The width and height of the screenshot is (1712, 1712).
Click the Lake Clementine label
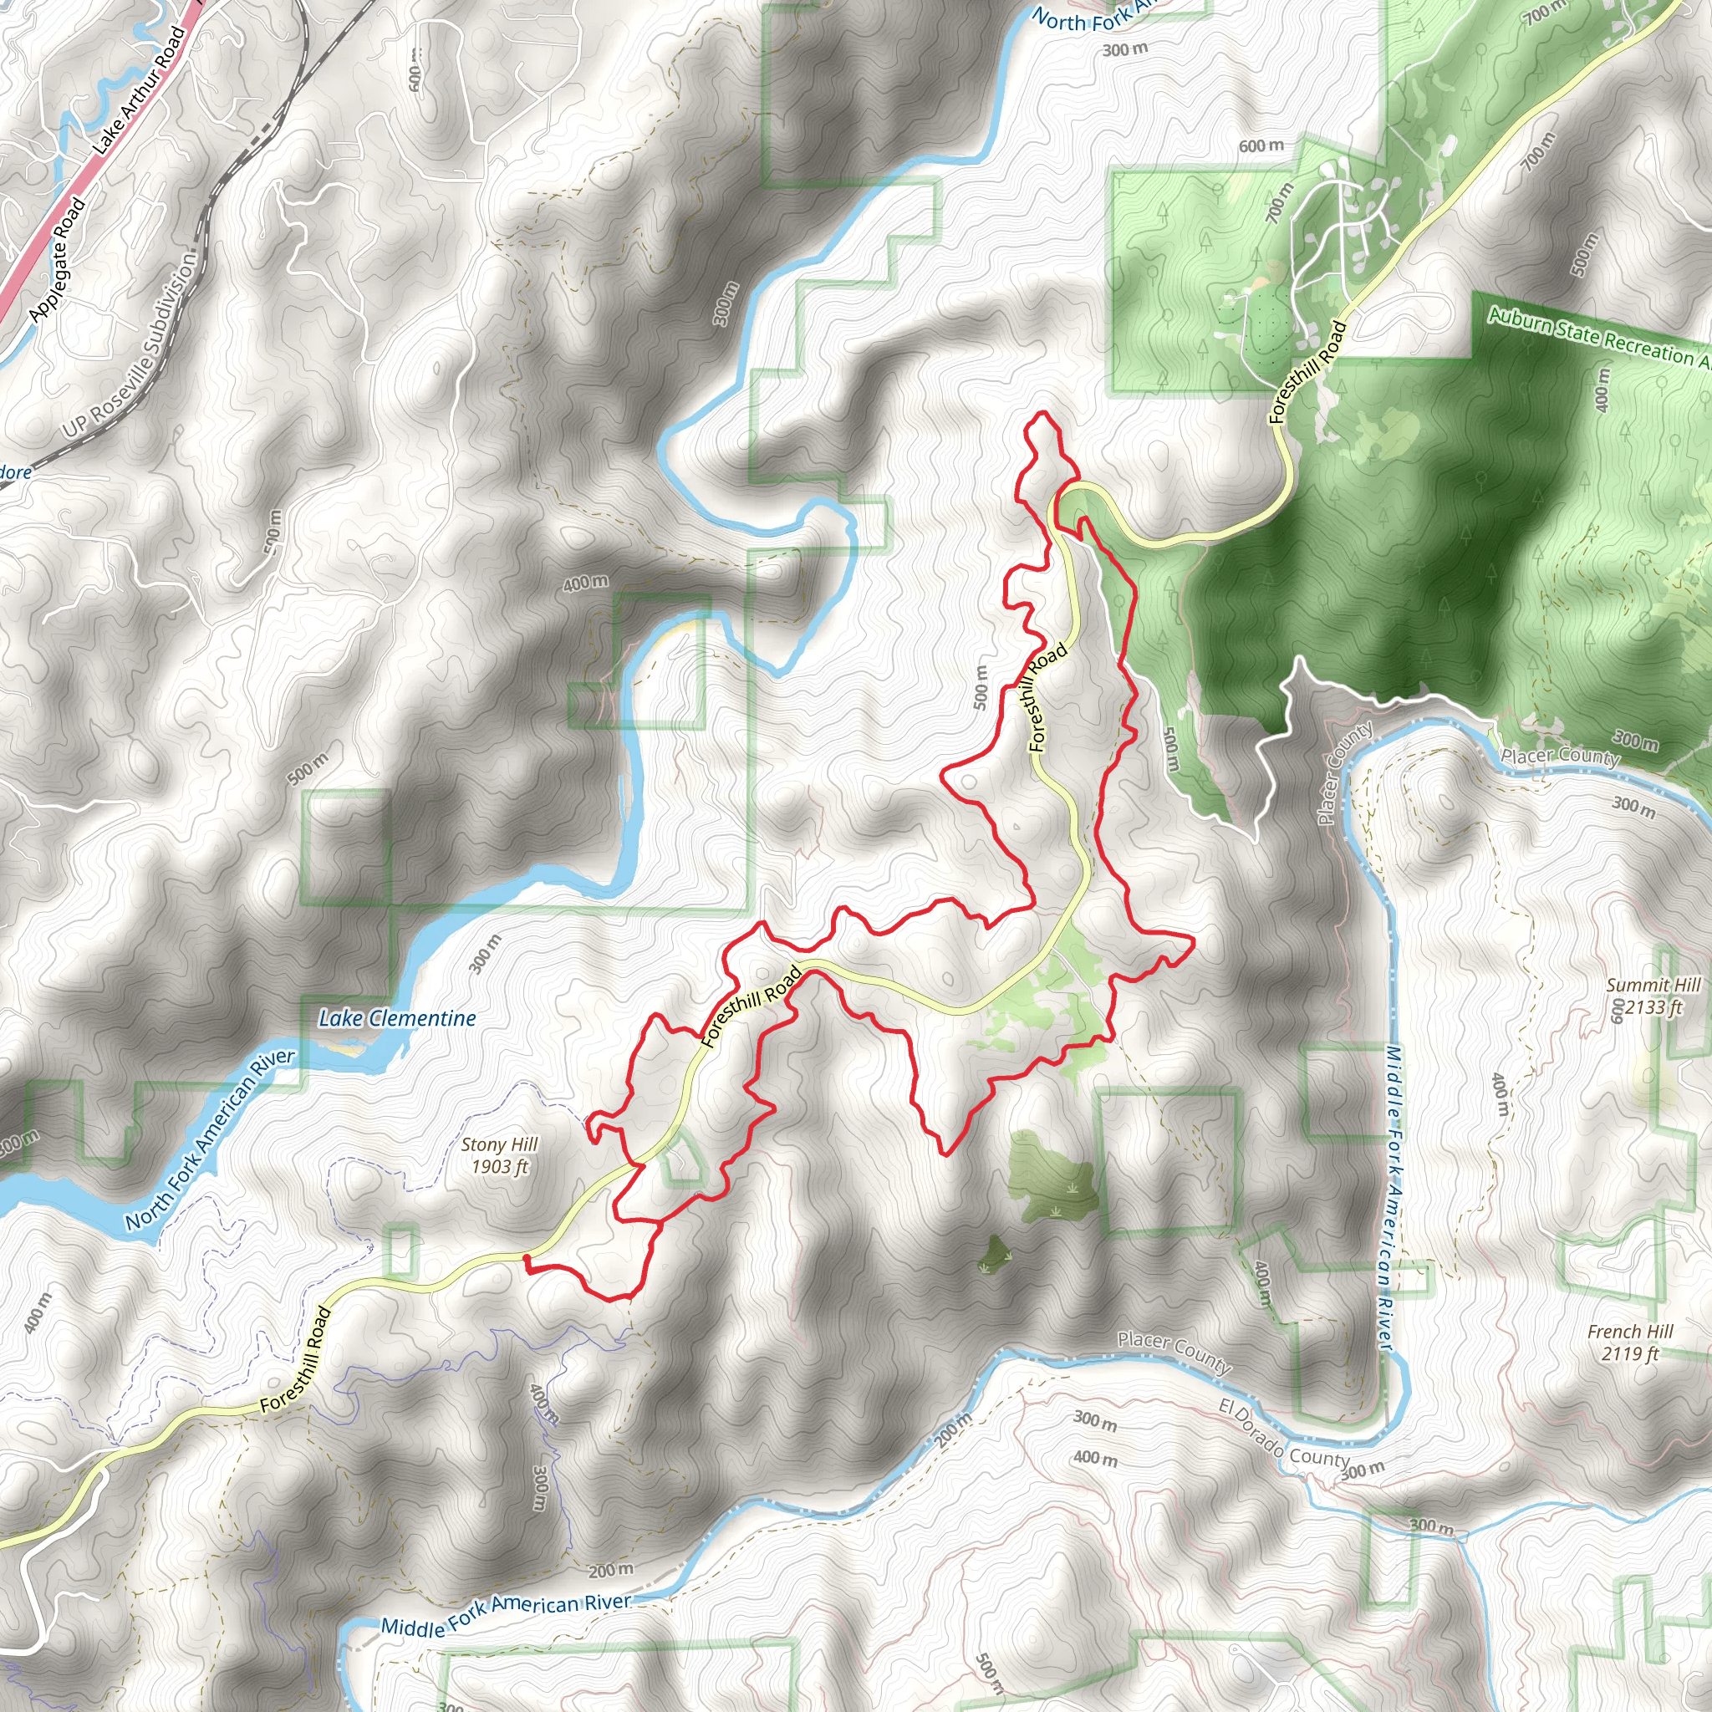click(397, 1019)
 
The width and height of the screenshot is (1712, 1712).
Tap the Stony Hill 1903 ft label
click(499, 1155)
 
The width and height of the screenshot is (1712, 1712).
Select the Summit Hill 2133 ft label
click(1653, 996)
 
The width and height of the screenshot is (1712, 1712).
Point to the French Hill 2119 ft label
click(1630, 1343)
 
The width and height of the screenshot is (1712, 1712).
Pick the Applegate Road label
click(58, 260)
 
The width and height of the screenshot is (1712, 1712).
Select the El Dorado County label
click(1284, 1433)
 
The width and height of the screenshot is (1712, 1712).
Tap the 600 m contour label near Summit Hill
click(1618, 1010)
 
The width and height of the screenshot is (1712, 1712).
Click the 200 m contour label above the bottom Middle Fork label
click(610, 1570)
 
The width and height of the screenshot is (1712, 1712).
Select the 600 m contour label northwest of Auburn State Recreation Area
click(1261, 145)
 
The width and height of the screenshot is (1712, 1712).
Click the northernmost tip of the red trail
click(1042, 413)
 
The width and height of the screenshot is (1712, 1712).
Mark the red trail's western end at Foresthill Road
click(527, 1258)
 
